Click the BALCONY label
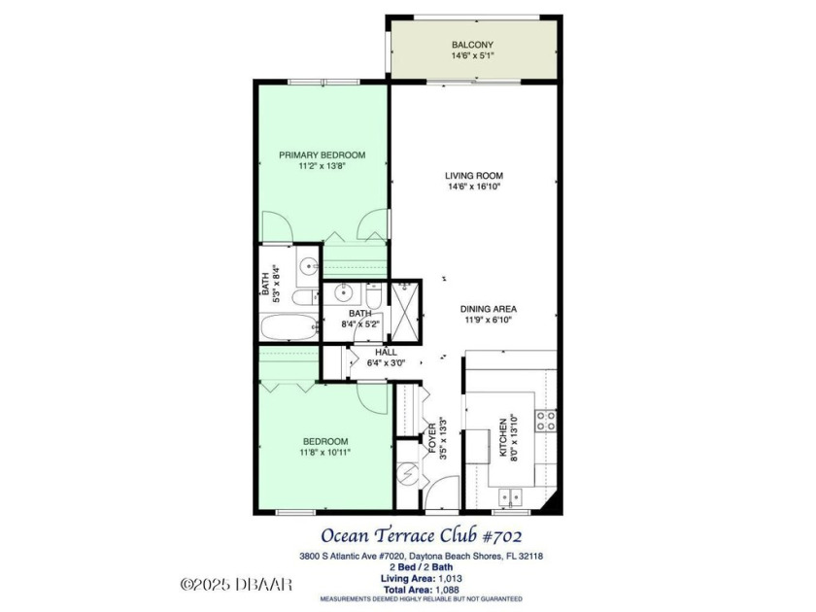(x=472, y=45)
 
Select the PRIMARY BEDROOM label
(x=322, y=154)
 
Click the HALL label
(x=372, y=352)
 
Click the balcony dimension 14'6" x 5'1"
(x=472, y=56)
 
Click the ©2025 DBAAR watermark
(x=236, y=586)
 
